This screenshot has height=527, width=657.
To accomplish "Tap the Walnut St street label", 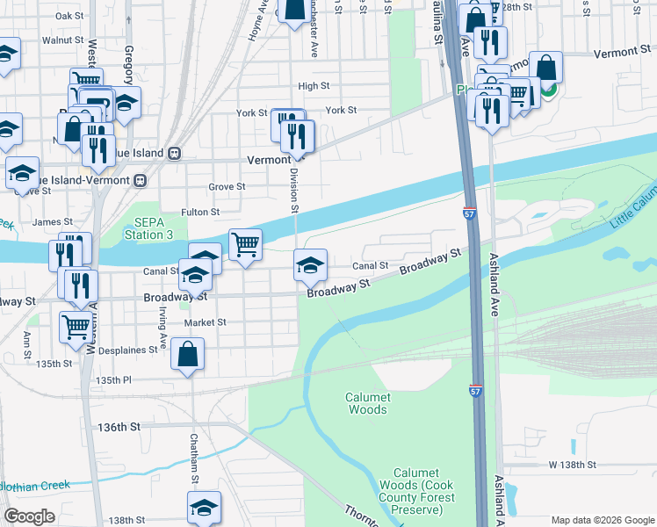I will click(67, 40).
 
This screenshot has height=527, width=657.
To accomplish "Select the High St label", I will click(314, 86).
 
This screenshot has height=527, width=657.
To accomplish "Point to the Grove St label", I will click(227, 187).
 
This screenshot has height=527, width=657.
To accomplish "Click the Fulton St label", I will click(200, 212).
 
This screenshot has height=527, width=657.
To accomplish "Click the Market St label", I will click(205, 322).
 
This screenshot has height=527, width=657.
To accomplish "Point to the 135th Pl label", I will click(113, 380).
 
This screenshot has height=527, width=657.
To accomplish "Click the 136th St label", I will click(119, 427).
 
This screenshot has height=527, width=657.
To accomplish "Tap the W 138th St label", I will click(573, 464).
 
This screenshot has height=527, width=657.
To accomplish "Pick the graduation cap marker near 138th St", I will click(204, 507).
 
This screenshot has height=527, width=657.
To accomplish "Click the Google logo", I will click(30, 516).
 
